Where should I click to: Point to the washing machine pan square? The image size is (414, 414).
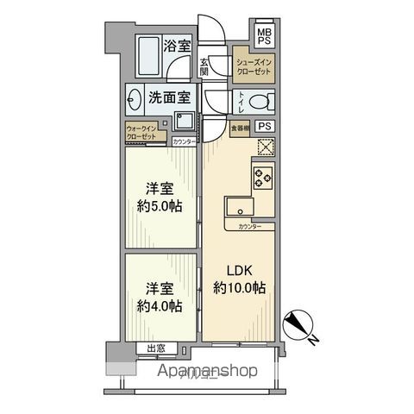184,121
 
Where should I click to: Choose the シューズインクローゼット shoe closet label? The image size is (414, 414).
255,68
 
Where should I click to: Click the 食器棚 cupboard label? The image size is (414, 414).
241,128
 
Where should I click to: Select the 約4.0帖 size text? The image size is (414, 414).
160,305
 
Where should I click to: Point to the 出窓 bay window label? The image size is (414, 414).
155,348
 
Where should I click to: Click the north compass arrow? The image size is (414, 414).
300,325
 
